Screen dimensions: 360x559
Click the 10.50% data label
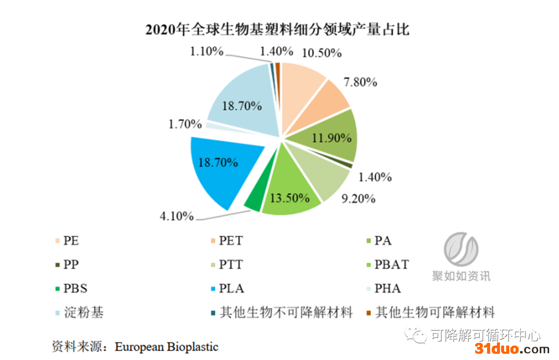(x=321, y=52)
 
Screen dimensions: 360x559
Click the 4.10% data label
(x=176, y=215)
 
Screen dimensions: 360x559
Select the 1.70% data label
(x=185, y=124)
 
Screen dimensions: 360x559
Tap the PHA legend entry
(x=388, y=289)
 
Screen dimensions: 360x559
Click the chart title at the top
(x=277, y=29)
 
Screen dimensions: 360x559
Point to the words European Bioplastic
(x=167, y=347)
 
